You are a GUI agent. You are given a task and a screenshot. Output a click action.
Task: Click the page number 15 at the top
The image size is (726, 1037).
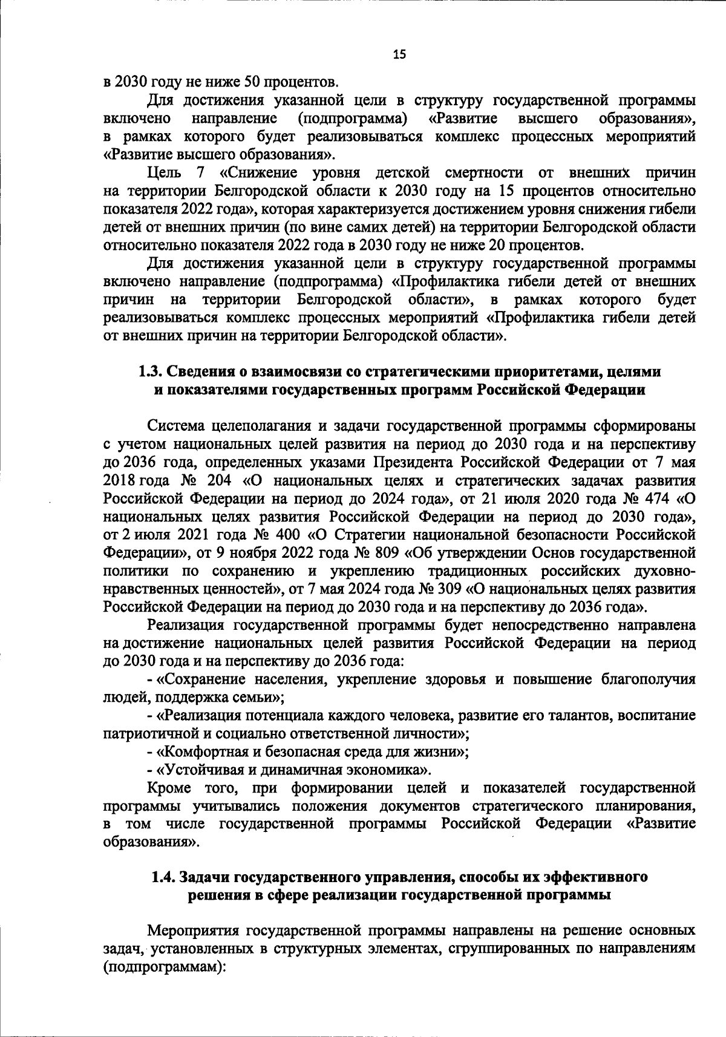pos(399,54)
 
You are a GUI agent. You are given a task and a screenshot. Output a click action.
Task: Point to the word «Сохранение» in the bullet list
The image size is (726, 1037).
pos(200,679)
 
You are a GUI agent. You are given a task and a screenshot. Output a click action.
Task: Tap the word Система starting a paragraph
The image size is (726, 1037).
pos(176,426)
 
